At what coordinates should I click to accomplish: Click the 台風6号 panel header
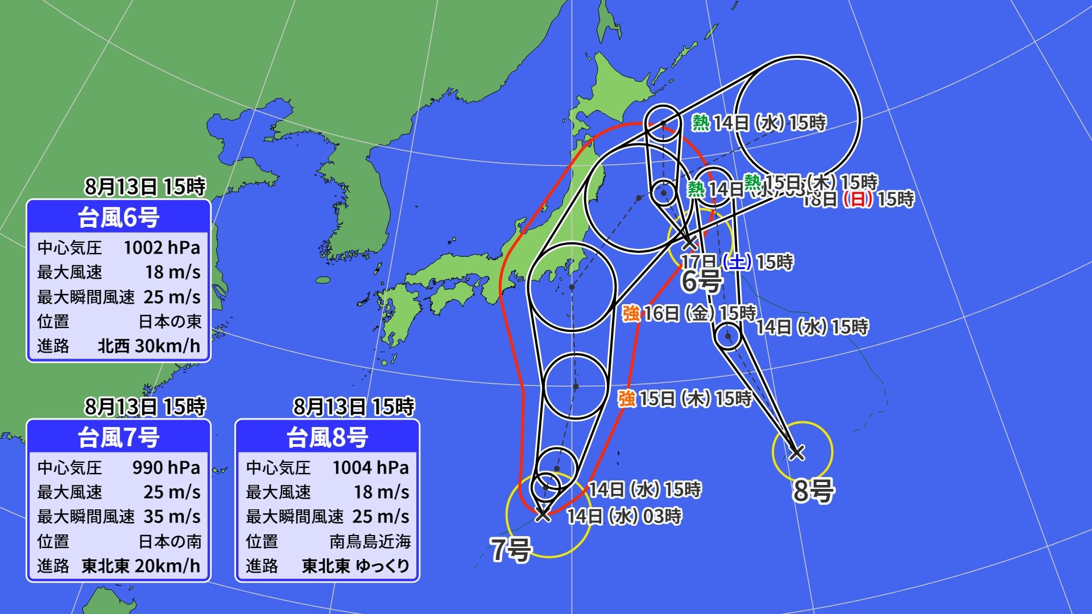pyautogui.click(x=118, y=217)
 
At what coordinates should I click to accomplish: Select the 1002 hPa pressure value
pyautogui.click(x=162, y=248)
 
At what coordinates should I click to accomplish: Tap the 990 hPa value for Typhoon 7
pyautogui.click(x=166, y=468)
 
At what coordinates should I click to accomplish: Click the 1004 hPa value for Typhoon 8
pyautogui.click(x=370, y=468)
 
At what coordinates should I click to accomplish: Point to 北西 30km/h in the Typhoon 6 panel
pyautogui.click(x=149, y=346)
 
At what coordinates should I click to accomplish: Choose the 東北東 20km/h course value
pyautogui.click(x=141, y=566)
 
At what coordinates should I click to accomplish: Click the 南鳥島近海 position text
pyautogui.click(x=370, y=541)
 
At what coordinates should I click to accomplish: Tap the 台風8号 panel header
pyautogui.click(x=327, y=437)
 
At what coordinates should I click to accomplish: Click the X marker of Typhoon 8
pyautogui.click(x=797, y=453)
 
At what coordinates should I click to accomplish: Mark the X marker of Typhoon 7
pyautogui.click(x=543, y=514)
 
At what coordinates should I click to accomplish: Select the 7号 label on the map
pyautogui.click(x=511, y=549)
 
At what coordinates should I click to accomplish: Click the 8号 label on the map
pyautogui.click(x=813, y=490)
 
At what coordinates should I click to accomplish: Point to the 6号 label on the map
pyautogui.click(x=702, y=281)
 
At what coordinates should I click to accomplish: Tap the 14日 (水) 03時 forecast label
pyautogui.click(x=624, y=516)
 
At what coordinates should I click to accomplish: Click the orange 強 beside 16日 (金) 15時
pyautogui.click(x=631, y=313)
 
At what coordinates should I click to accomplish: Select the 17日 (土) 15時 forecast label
pyautogui.click(x=737, y=262)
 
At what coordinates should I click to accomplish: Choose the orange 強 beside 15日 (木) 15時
pyautogui.click(x=627, y=399)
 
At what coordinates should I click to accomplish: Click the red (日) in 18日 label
pyautogui.click(x=857, y=200)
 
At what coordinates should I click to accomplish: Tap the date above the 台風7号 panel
pyautogui.click(x=145, y=406)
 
